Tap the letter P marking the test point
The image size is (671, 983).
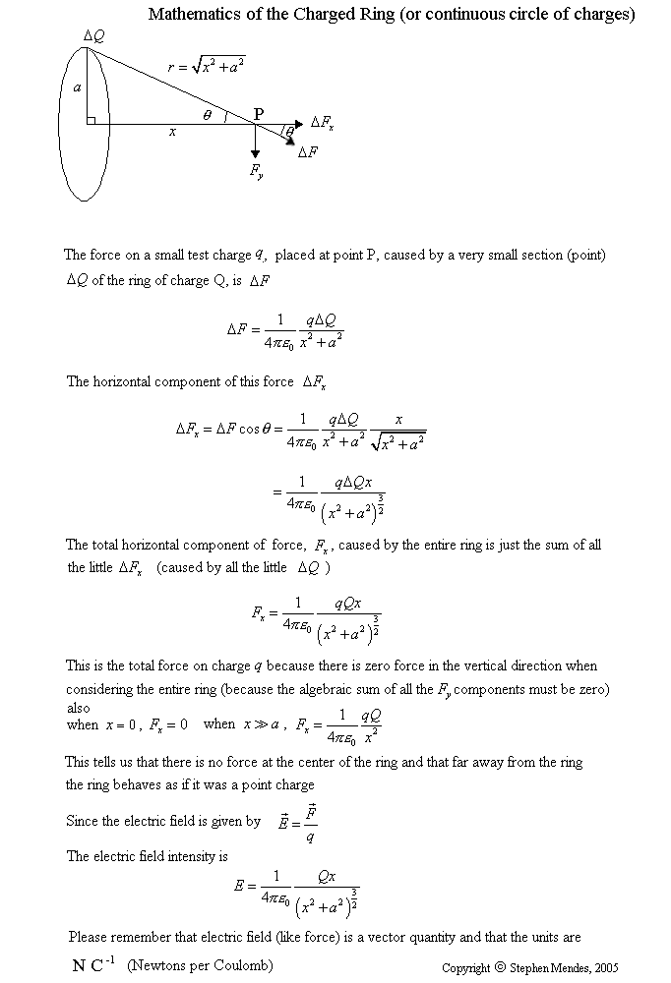tap(258, 114)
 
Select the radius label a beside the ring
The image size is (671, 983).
tap(77, 87)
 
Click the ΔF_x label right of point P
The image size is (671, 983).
tap(323, 122)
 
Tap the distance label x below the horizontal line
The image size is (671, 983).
tap(172, 133)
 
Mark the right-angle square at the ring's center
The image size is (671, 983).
tap(90, 121)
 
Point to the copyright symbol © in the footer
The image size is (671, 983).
tap(499, 967)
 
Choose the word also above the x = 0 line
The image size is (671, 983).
tap(78, 708)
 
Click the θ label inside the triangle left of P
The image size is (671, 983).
tap(207, 115)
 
